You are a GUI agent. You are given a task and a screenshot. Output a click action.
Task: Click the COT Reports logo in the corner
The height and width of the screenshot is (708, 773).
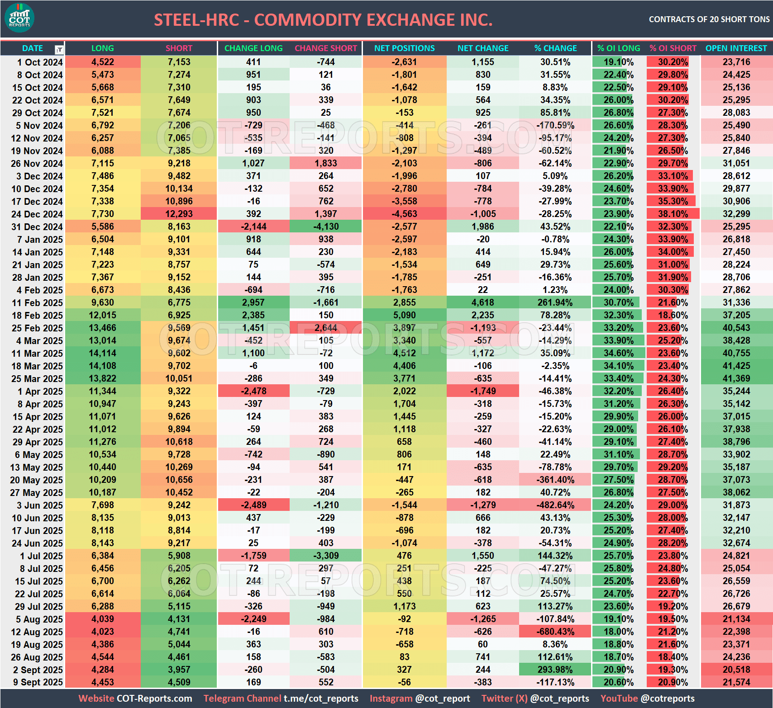click(x=19, y=18)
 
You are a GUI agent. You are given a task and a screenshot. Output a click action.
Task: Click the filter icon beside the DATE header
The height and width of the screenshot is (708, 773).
click(x=59, y=49)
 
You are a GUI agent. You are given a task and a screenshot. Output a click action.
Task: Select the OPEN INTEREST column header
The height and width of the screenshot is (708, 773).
click(x=736, y=48)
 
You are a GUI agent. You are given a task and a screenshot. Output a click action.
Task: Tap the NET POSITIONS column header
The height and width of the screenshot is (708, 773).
click(x=404, y=48)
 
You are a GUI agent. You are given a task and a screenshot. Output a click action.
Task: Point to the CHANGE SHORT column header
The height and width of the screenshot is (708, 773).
click(x=326, y=48)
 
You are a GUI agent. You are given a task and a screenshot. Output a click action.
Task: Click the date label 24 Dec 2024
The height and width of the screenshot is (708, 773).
click(x=37, y=214)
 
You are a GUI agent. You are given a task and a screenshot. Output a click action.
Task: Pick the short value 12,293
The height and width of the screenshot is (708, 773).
click(x=179, y=214)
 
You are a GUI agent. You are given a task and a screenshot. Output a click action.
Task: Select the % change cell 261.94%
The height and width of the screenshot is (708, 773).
click(x=555, y=302)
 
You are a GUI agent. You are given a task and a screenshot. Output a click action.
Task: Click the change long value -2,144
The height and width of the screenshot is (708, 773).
click(x=253, y=227)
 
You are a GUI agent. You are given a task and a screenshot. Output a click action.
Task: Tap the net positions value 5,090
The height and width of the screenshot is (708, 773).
click(x=404, y=315)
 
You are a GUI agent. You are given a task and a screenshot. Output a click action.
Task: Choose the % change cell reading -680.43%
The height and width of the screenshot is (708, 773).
click(x=555, y=632)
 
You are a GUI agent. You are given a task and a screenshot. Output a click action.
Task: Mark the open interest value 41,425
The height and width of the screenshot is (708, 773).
click(x=736, y=366)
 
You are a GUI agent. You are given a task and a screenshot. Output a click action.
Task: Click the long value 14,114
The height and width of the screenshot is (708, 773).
click(x=102, y=353)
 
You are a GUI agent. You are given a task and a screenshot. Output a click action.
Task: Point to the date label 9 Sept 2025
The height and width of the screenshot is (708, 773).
click(x=38, y=682)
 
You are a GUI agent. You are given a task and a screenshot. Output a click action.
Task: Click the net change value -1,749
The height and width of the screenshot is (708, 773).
click(x=483, y=391)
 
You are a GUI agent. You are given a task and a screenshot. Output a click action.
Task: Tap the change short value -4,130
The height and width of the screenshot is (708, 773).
click(x=326, y=227)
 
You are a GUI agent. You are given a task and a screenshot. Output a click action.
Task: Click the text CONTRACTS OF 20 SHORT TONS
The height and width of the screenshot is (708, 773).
click(x=709, y=19)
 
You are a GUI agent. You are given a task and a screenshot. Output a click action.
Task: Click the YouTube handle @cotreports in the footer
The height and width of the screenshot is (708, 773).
click(x=668, y=699)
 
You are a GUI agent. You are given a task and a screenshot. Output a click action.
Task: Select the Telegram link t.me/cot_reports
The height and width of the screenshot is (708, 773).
click(x=321, y=699)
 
